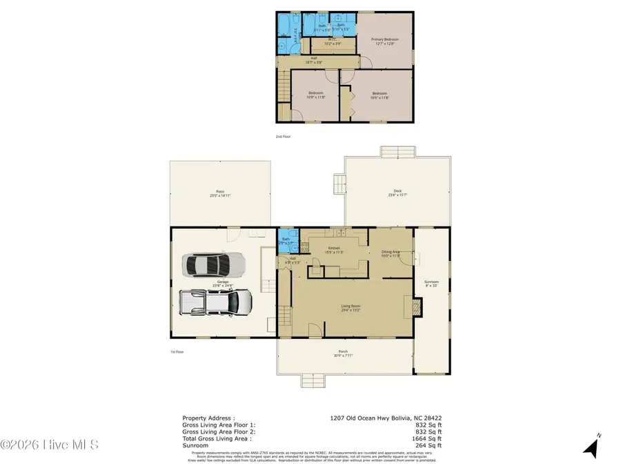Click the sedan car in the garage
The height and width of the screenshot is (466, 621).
(213, 264)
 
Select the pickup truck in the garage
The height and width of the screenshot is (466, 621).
(216, 301)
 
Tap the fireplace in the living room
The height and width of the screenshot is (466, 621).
(415, 307)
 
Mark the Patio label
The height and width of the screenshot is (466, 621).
(220, 193)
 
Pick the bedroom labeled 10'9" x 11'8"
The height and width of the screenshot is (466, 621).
(315, 95)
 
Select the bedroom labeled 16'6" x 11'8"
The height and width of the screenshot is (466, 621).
(380, 95)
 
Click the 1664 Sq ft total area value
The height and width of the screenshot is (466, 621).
(428, 438)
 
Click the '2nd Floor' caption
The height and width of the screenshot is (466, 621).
(283, 137)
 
